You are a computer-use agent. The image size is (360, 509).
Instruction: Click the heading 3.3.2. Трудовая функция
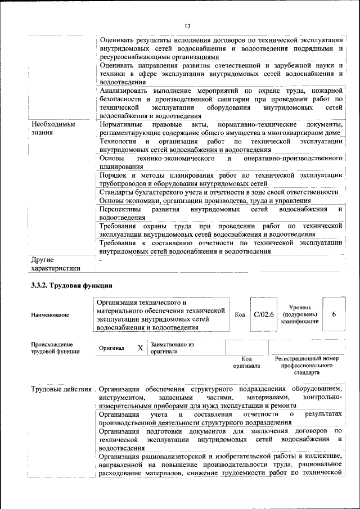click(x=71, y=286)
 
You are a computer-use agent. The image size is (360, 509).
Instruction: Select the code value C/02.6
click(x=263, y=314)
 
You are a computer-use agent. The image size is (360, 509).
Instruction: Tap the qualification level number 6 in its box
click(x=334, y=314)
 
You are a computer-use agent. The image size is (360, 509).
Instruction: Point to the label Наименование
click(x=50, y=315)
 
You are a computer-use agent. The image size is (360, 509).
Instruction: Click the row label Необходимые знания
click(x=53, y=128)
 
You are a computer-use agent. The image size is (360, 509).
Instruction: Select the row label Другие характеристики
click(x=56, y=264)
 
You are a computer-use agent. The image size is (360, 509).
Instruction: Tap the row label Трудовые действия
click(x=61, y=389)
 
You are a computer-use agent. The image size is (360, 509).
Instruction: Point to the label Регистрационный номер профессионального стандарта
click(x=307, y=365)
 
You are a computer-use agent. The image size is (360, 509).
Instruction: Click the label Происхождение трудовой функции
click(x=55, y=348)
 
